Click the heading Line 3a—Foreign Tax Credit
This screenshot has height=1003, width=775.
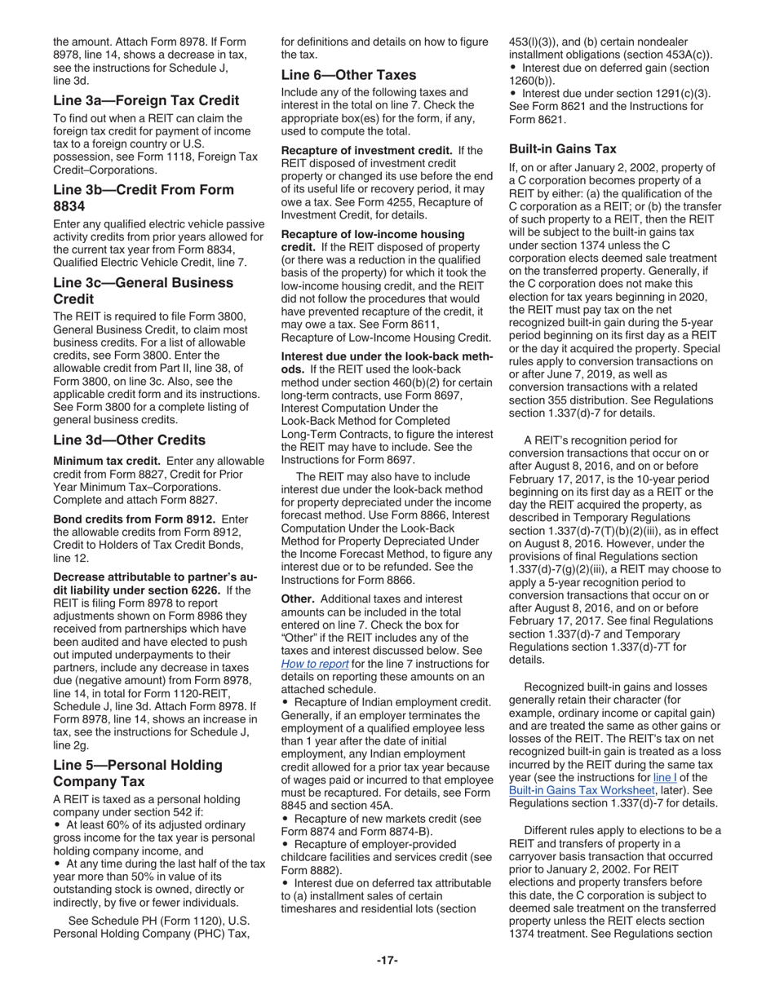coord(146,100)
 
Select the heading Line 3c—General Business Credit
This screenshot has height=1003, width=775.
coord(143,291)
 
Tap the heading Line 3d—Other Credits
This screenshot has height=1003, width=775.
coord(129,440)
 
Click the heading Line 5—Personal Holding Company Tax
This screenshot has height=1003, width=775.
coord(137,773)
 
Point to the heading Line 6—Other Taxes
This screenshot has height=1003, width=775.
coord(348,74)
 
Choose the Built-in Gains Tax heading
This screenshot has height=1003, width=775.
coord(562,148)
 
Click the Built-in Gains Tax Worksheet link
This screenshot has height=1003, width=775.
coord(581,789)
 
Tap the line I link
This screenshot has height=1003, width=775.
coord(666,776)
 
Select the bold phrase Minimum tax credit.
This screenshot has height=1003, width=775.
coord(106,461)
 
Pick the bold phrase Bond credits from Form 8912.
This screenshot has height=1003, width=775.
coord(134,519)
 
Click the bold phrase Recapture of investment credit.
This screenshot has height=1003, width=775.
coord(366,150)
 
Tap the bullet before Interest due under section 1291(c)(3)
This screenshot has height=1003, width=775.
coord(512,93)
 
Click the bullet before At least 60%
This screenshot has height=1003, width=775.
coord(57,825)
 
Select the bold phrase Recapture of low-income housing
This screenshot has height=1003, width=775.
coord(373,234)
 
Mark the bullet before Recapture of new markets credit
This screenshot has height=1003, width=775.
coord(285,818)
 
